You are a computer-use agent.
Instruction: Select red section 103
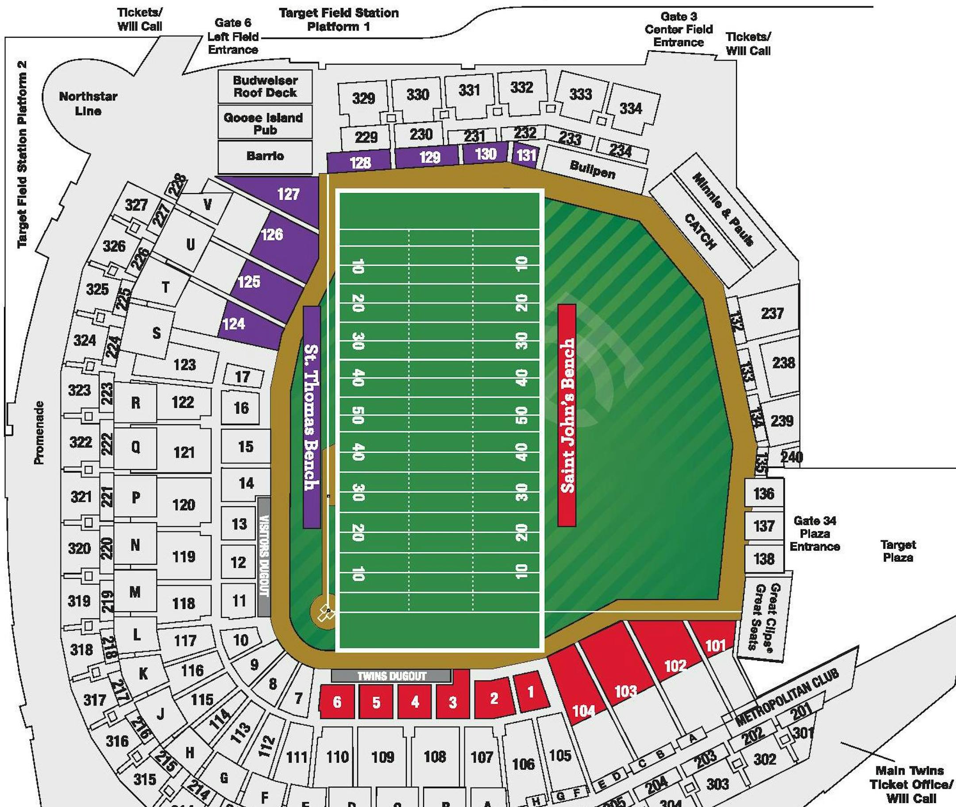pyautogui.click(x=624, y=677)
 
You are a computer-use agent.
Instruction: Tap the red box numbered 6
pyautogui.click(x=337, y=702)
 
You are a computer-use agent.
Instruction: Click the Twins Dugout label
pyautogui.click(x=391, y=676)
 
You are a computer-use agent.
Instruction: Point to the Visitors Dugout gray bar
pyautogui.click(x=264, y=556)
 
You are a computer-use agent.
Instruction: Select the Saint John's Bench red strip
pyautogui.click(x=567, y=415)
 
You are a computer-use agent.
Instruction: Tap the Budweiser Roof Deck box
pyautogui.click(x=265, y=86)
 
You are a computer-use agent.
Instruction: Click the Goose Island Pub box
pyautogui.click(x=264, y=123)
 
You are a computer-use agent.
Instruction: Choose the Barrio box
pyautogui.click(x=265, y=156)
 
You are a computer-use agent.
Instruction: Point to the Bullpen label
pyautogui.click(x=593, y=170)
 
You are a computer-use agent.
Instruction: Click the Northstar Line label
pyautogui.click(x=88, y=103)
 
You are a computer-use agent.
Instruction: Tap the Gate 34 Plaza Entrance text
pyautogui.click(x=815, y=533)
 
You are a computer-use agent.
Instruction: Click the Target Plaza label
pyautogui.click(x=898, y=551)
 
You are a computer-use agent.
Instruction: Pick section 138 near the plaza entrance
pyautogui.click(x=764, y=558)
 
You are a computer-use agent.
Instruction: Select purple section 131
pyautogui.click(x=526, y=155)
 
